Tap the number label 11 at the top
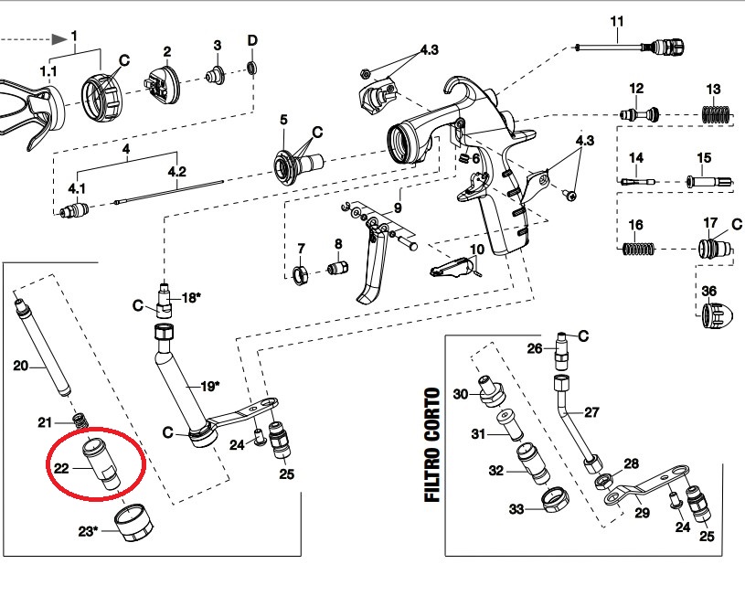[616, 21]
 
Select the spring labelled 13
[715, 116]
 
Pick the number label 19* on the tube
[209, 386]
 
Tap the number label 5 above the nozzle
[283, 120]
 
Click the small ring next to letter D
[253, 69]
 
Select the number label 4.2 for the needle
[176, 171]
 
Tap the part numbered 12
[638, 115]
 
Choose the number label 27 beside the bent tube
[591, 412]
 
